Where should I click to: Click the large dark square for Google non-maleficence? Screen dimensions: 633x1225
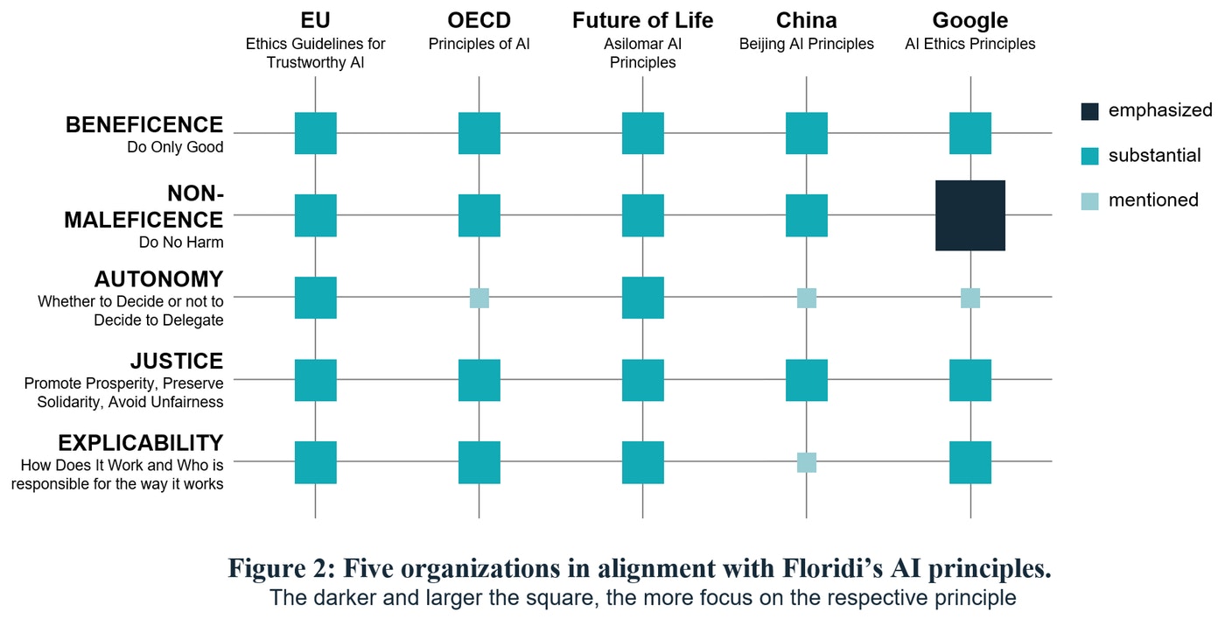point(969,215)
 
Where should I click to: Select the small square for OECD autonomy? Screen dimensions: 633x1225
point(479,298)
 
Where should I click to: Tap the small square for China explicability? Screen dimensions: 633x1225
point(806,462)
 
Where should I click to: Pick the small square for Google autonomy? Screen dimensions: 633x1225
point(969,298)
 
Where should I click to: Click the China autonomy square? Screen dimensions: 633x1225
point(806,298)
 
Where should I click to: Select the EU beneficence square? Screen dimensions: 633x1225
point(315,133)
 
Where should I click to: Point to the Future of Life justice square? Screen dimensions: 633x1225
point(642,380)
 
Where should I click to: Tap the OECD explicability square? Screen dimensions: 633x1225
point(479,462)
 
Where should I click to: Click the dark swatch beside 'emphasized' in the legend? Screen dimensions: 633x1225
point(1089,111)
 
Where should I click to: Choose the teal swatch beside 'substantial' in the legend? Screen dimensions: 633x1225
point(1089,157)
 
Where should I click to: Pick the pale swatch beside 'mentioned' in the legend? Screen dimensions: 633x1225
point(1089,201)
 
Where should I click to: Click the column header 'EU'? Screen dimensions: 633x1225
point(315,20)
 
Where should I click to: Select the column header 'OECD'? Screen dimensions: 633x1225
point(479,20)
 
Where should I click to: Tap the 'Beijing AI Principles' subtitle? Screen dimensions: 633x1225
point(806,44)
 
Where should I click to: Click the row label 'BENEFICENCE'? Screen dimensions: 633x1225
point(144,125)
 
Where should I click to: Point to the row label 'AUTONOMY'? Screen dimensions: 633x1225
point(158,279)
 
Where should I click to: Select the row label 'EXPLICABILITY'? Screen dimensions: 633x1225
point(140,443)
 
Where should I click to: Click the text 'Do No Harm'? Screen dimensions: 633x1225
point(181,243)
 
